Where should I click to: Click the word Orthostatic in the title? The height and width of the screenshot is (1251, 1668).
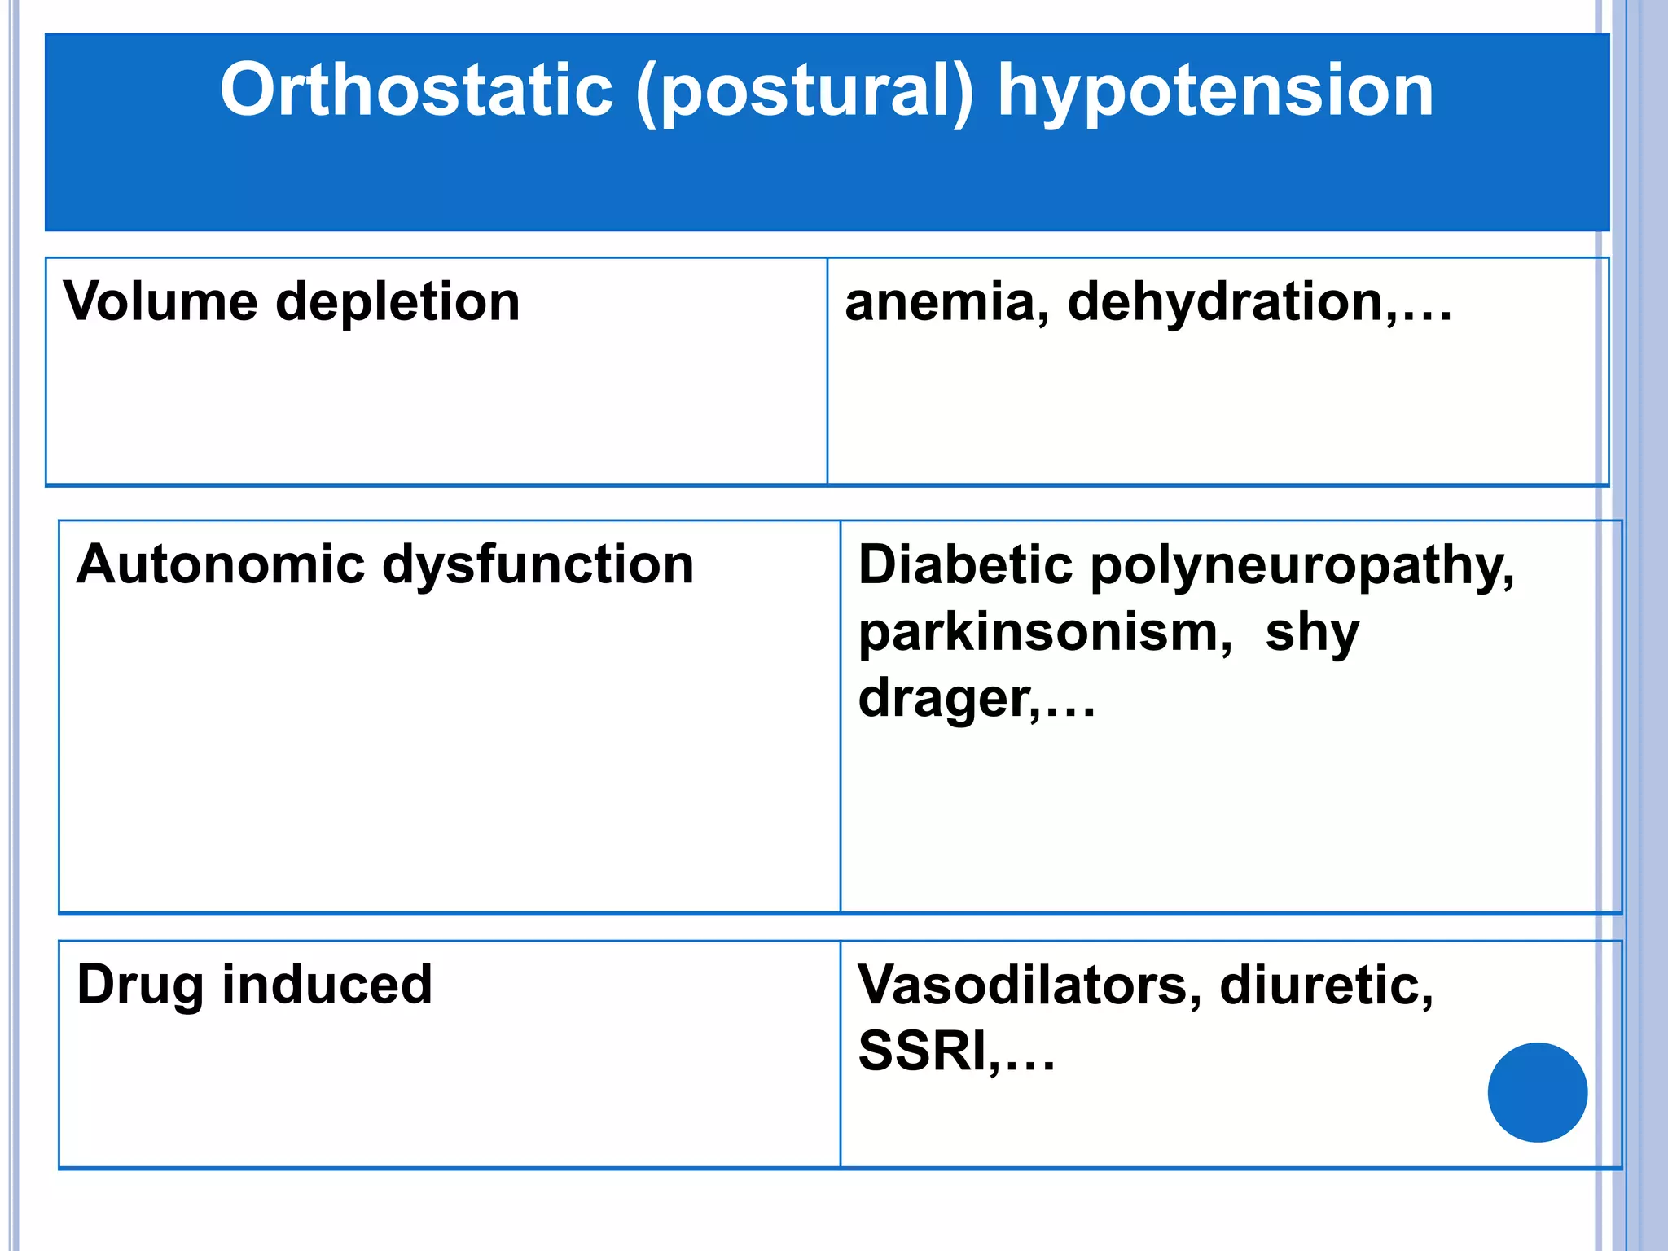[416, 90]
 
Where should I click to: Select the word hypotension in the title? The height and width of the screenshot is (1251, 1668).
[1215, 92]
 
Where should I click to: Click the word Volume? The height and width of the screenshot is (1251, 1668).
[160, 301]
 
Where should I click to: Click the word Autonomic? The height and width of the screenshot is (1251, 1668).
[220, 564]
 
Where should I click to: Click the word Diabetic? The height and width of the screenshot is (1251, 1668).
[965, 565]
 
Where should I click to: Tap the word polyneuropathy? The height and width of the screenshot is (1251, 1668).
[1302, 568]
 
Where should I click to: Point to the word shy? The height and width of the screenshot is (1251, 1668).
[1312, 634]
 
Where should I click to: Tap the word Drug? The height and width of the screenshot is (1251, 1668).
[139, 985]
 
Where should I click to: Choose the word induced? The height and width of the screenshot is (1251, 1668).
[327, 984]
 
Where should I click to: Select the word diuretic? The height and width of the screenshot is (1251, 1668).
[1326, 985]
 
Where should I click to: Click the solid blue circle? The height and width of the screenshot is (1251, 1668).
[1537, 1092]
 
